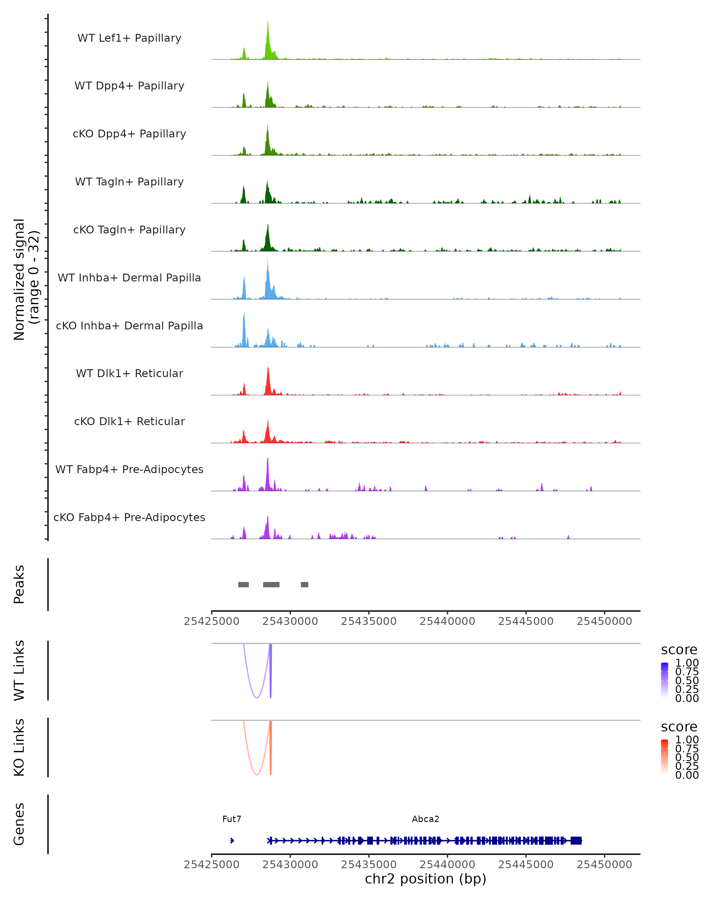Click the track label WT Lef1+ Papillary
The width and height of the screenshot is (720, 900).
pyautogui.click(x=129, y=38)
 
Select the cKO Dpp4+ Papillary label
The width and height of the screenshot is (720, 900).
pyautogui.click(x=129, y=133)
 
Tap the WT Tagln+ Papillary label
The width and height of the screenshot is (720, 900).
pyautogui.click(x=129, y=181)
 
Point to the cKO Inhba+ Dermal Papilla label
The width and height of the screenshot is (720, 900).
pyautogui.click(x=129, y=325)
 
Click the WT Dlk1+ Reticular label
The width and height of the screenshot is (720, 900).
pyautogui.click(x=129, y=373)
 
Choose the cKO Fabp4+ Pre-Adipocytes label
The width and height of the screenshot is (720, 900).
pyautogui.click(x=129, y=517)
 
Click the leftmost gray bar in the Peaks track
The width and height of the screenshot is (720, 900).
pyautogui.click(x=243, y=584)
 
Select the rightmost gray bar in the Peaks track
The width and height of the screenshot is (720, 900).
pyautogui.click(x=305, y=584)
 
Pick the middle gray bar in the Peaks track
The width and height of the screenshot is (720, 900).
pyautogui.click(x=271, y=584)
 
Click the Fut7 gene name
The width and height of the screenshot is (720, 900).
pyautogui.click(x=232, y=819)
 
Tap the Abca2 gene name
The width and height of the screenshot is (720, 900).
pyautogui.click(x=425, y=819)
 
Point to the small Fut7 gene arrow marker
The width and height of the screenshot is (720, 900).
pyautogui.click(x=232, y=840)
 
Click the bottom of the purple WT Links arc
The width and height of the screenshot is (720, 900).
pyautogui.click(x=257, y=697)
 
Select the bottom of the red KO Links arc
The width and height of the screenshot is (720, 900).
pyautogui.click(x=257, y=774)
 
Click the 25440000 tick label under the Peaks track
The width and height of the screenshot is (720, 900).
pyautogui.click(x=447, y=621)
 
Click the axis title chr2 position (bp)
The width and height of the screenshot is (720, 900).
pyautogui.click(x=425, y=879)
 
